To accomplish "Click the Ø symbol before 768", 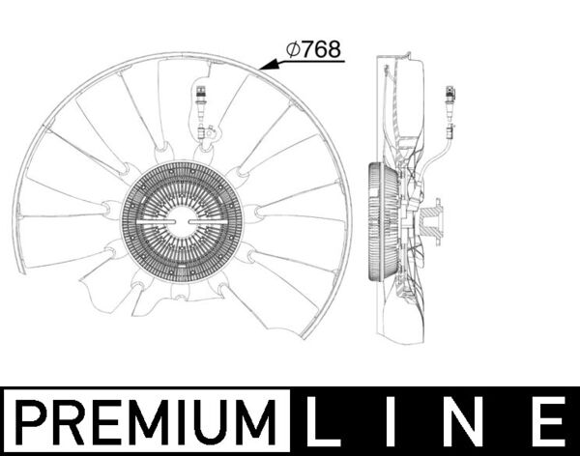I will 293,49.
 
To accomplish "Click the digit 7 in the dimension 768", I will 308,49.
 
